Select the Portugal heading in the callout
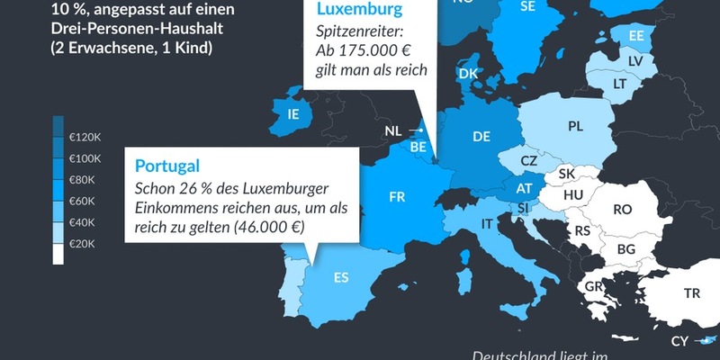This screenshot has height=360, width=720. (x=167, y=166)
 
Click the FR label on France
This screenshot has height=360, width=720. (x=398, y=197)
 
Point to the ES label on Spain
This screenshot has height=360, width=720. (x=341, y=277)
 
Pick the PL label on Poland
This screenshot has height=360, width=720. (x=576, y=127)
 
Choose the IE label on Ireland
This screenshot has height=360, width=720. (x=292, y=115)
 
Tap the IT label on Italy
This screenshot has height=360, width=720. (x=487, y=223)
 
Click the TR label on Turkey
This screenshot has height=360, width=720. (x=691, y=293)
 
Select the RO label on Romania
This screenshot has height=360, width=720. (x=622, y=209)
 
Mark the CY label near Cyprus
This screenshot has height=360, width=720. (x=679, y=341)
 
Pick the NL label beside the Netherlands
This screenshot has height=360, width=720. (x=393, y=131)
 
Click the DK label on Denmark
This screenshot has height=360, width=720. (x=468, y=74)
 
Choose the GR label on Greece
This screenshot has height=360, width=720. (x=594, y=287)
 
